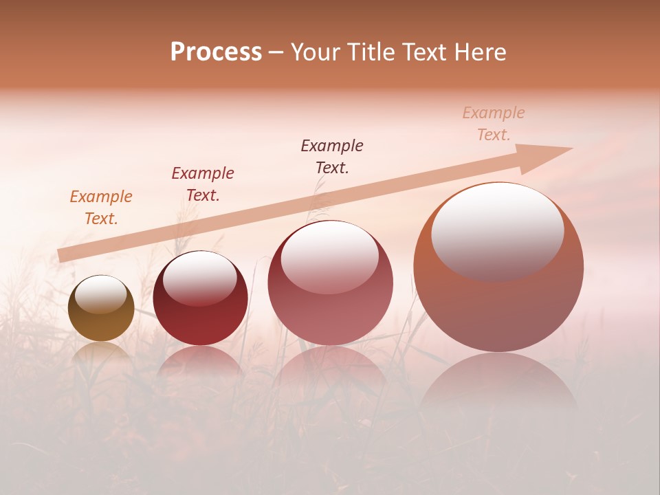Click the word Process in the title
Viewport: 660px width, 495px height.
tap(216, 52)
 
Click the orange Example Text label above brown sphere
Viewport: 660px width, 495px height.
tap(101, 208)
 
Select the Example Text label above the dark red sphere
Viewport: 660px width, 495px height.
tap(203, 184)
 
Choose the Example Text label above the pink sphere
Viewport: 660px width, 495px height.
tap(332, 156)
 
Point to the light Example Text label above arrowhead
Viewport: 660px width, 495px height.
tap(494, 124)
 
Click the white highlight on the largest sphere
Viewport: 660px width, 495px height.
tap(497, 230)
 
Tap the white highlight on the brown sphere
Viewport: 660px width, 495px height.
tap(100, 294)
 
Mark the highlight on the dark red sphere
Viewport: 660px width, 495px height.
tap(199, 278)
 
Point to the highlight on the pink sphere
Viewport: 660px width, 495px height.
tap(329, 257)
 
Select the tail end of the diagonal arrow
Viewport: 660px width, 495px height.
tap(63, 256)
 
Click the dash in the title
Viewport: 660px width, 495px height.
tap(276, 52)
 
